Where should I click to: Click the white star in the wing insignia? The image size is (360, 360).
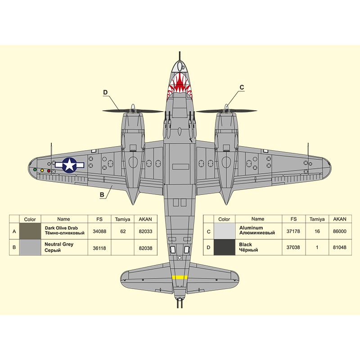click(70, 165)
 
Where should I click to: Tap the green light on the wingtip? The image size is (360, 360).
click(35, 170)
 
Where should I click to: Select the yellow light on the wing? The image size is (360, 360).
click(42, 171)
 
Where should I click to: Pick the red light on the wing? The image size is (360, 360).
click(49, 171)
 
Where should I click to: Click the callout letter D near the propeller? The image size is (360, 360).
click(105, 92)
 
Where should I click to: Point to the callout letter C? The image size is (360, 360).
click(242, 87)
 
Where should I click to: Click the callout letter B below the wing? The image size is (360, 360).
click(102, 195)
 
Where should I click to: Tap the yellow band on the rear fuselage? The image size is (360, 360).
click(180, 277)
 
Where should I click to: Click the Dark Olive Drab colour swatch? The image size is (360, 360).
click(30, 231)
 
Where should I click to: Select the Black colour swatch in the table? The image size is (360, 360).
click(224, 247)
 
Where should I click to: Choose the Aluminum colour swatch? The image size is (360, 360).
click(224, 231)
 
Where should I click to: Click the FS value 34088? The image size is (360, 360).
click(99, 231)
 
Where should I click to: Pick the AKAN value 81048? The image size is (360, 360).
click(340, 247)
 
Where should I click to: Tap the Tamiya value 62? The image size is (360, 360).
click(123, 231)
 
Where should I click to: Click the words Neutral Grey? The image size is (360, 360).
click(59, 244)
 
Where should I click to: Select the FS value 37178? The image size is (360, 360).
click(293, 231)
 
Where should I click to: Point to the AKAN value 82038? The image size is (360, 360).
click(145, 248)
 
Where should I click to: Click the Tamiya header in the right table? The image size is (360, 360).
click(317, 219)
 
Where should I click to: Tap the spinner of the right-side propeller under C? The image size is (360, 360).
click(227, 108)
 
